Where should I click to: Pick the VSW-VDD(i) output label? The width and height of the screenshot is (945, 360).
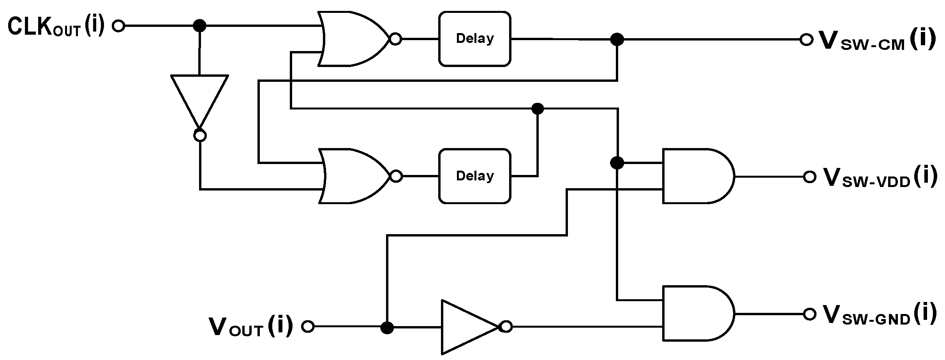click(880, 178)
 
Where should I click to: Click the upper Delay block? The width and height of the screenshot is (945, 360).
click(474, 39)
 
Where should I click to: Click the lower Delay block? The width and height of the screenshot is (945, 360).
click(474, 176)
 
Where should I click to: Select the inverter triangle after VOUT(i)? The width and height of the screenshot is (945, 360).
click(467, 326)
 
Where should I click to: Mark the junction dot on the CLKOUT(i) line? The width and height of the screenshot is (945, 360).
click(200, 26)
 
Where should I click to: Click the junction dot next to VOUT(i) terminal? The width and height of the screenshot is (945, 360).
click(387, 327)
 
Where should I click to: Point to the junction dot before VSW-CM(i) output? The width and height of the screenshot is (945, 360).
click(617, 39)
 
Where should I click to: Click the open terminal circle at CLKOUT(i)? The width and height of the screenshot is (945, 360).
click(118, 26)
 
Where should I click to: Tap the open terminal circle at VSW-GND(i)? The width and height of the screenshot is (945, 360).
click(809, 314)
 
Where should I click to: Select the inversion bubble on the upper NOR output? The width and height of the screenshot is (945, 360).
click(395, 39)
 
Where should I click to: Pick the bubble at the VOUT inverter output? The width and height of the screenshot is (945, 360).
click(506, 327)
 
